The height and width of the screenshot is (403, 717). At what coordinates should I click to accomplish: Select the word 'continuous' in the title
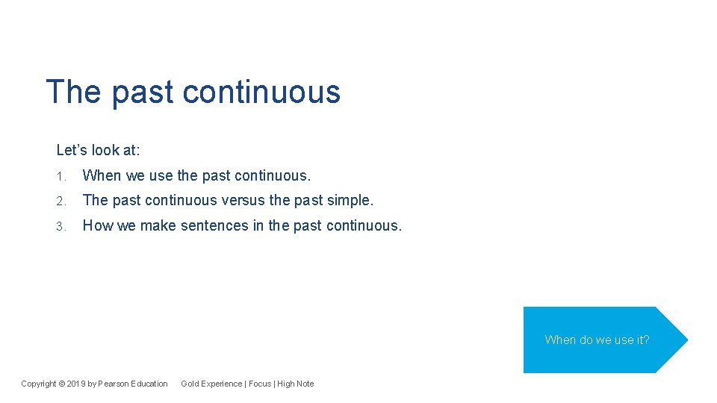(x=261, y=93)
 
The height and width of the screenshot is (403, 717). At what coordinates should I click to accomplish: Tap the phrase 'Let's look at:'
(x=98, y=150)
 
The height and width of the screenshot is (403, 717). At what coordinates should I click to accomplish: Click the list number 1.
(x=61, y=176)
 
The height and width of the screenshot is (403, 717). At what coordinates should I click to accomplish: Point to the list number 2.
(x=61, y=201)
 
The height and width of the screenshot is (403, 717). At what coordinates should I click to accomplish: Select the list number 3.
(x=61, y=225)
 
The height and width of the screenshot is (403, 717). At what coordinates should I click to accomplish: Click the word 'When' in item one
(x=102, y=175)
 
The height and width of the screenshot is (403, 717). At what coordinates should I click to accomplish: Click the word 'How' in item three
(x=97, y=225)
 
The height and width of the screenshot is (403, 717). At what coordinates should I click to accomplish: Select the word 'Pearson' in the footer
(x=114, y=384)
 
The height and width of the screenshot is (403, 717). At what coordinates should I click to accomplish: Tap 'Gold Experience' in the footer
(x=211, y=384)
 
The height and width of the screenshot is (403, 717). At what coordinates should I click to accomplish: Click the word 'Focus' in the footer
(x=260, y=384)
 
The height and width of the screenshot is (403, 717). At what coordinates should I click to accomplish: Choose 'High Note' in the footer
(x=296, y=384)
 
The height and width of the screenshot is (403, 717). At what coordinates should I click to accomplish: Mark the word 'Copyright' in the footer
(x=39, y=384)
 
